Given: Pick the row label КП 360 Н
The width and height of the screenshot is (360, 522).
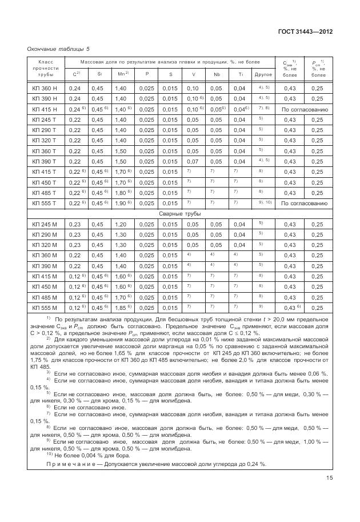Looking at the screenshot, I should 45,88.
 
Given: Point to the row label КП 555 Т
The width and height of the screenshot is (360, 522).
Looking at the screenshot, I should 45,203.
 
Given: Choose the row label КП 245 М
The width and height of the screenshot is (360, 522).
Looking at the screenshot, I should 45,224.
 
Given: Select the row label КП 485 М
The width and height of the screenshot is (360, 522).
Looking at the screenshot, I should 45,297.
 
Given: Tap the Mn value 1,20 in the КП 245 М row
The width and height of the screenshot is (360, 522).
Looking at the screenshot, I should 121,224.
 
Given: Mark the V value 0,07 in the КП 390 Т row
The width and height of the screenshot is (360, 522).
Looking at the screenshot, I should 193,161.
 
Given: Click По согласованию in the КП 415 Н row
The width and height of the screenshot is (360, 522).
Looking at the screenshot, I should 305,109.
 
